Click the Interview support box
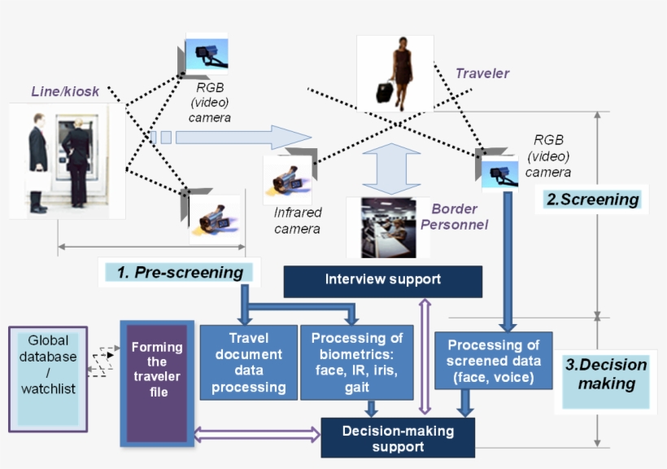coord(382,280)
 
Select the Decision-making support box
coord(398,438)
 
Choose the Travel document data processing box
coord(248,362)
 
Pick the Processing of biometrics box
coord(357,362)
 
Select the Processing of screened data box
coord(493,360)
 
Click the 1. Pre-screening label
coord(180,273)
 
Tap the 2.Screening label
coord(591,199)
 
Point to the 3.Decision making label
coord(606,374)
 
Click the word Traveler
coord(482,73)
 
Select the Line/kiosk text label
coord(65,91)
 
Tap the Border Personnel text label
coord(460,217)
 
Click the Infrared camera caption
coord(298,221)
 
